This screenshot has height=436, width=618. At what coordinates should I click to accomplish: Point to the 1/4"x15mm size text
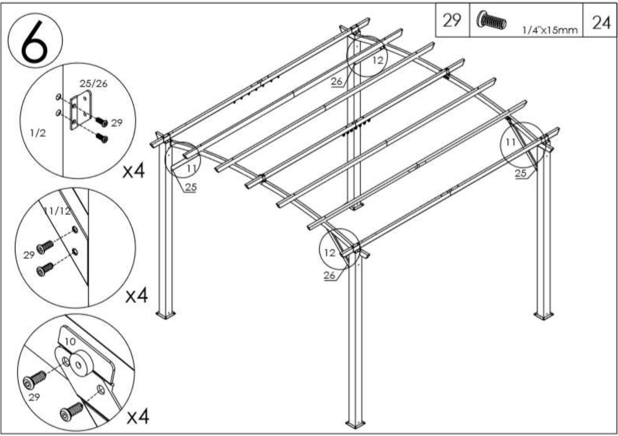(550, 30)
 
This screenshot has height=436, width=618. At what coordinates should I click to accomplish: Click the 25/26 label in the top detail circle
(93, 83)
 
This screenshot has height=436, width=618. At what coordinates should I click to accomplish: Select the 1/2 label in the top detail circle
(38, 133)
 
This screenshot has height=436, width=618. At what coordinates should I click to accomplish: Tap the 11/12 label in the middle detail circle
(57, 211)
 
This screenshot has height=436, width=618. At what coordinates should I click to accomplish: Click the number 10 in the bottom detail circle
(70, 342)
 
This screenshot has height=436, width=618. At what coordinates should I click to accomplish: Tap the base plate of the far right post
(544, 316)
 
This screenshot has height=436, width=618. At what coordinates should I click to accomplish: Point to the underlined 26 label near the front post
(330, 276)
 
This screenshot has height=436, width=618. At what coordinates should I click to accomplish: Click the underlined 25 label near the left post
(191, 187)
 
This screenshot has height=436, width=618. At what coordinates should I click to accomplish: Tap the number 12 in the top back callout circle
(378, 60)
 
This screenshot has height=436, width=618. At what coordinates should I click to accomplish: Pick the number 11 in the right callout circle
(510, 142)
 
